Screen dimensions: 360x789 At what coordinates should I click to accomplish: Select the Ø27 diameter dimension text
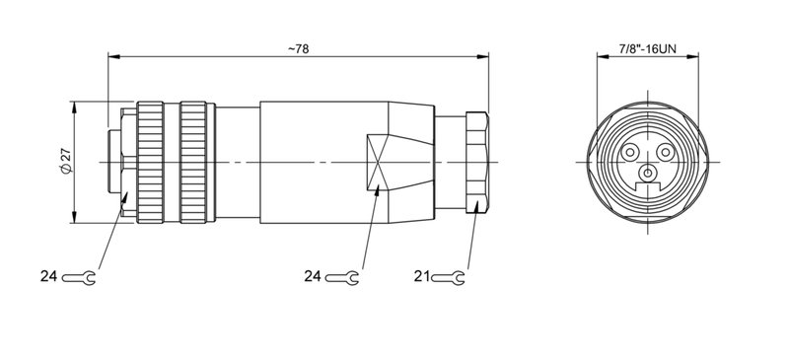point(65,161)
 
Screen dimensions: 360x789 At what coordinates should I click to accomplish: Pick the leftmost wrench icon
point(79,279)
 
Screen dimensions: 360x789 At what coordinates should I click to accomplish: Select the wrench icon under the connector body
point(342,279)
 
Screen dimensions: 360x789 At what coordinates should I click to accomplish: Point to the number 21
point(422,279)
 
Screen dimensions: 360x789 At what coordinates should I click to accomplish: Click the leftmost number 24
point(50,279)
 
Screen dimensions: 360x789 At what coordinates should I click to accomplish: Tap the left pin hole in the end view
point(629,153)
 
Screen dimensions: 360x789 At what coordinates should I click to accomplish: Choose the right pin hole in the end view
point(666,153)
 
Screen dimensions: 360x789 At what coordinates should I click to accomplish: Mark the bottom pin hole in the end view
point(647,175)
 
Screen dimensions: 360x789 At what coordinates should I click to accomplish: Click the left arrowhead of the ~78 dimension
point(110,57)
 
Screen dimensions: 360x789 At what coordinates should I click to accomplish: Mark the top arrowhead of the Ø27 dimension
point(76,105)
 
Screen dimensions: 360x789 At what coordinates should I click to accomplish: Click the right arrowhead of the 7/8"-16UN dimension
point(692,57)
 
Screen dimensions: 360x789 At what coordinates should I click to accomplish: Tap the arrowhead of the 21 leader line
point(477,204)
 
